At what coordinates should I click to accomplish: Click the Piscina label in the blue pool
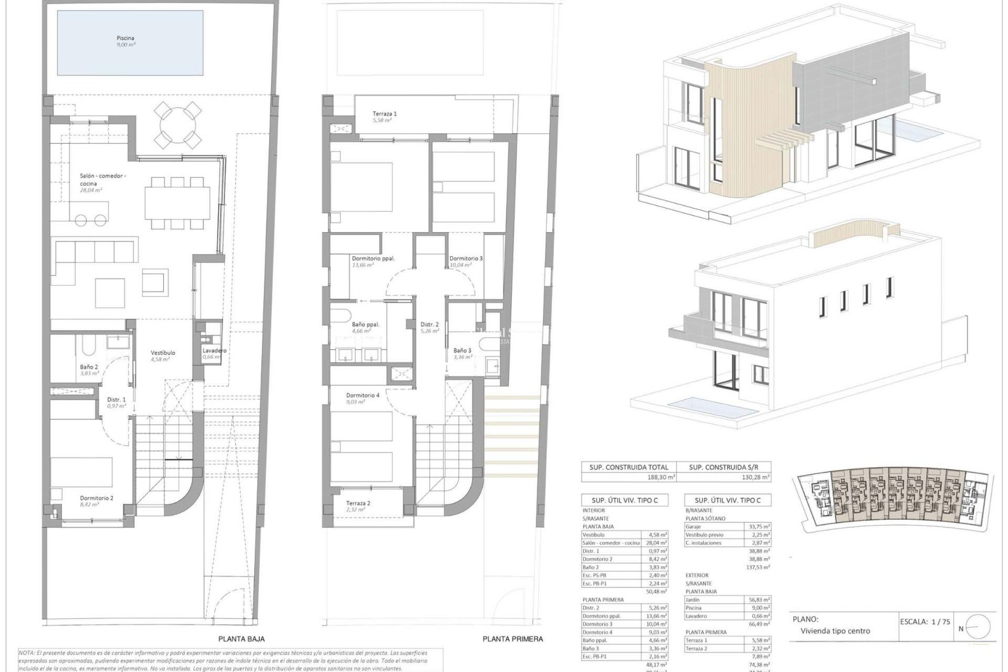point(125,38)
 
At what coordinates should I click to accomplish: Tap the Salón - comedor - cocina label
point(102,180)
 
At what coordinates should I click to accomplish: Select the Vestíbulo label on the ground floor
point(163,353)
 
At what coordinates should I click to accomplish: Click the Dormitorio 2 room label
point(97,498)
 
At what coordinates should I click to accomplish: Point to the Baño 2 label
point(89,367)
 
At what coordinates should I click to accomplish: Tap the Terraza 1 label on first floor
point(384,113)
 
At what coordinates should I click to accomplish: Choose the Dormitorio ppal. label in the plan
point(373,258)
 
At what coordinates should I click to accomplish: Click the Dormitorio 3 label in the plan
point(466,258)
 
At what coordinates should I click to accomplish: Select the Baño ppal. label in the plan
point(365,324)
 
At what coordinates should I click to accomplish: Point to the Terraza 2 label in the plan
point(358,503)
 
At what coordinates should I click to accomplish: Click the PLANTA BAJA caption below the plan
point(241,639)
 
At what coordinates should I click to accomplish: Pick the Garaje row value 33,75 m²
point(759,527)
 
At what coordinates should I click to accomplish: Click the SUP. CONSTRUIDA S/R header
point(723,467)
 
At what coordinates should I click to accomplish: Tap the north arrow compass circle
point(978,627)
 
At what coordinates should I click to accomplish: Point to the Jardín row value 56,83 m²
point(759,600)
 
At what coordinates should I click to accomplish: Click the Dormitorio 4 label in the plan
point(363,395)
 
